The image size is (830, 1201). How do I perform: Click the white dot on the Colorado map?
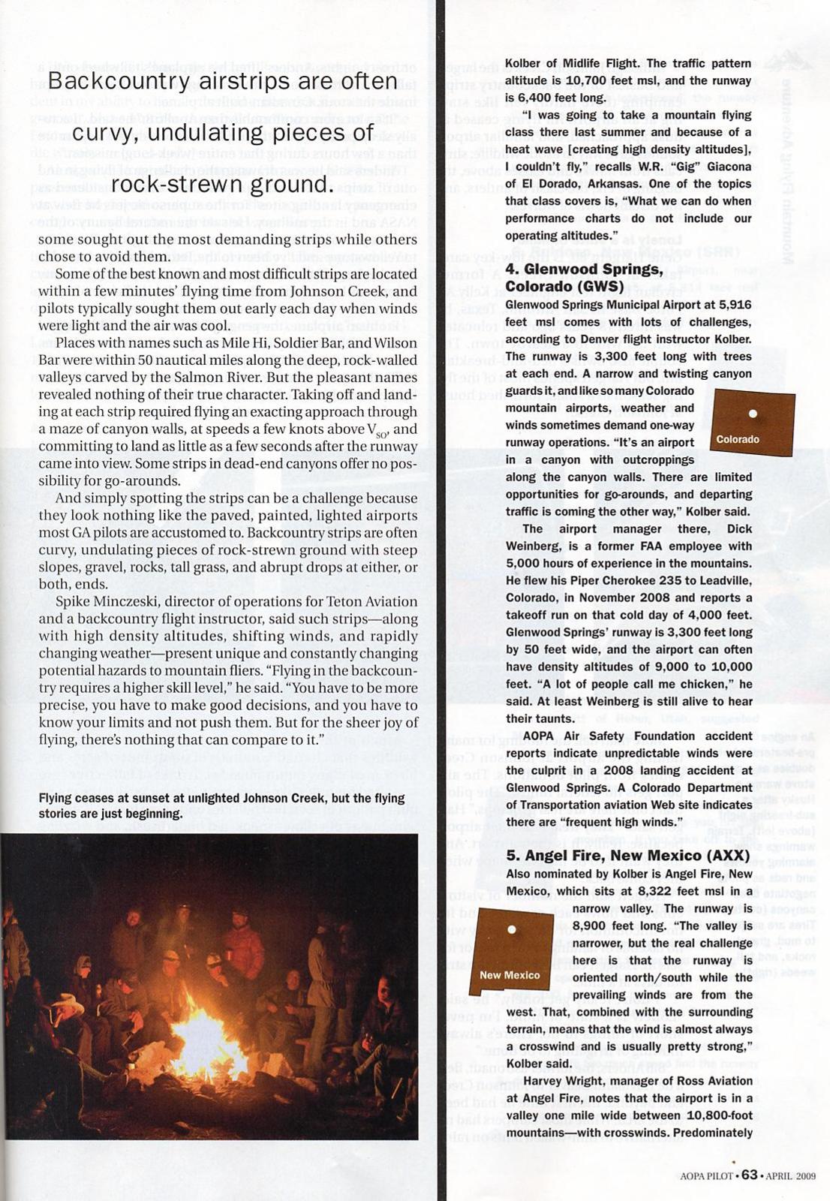click(x=753, y=413)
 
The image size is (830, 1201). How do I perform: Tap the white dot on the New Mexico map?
click(x=512, y=929)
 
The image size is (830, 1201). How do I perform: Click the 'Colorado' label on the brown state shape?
click(x=738, y=439)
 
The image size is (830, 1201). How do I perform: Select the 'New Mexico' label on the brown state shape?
click(x=510, y=975)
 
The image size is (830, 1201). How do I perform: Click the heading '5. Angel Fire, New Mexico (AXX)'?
click(x=627, y=856)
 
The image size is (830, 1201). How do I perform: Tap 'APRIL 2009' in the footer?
click(x=790, y=1176)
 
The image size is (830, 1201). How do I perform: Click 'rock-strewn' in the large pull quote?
click(x=170, y=184)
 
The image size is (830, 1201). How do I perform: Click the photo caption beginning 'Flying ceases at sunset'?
click(x=221, y=805)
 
